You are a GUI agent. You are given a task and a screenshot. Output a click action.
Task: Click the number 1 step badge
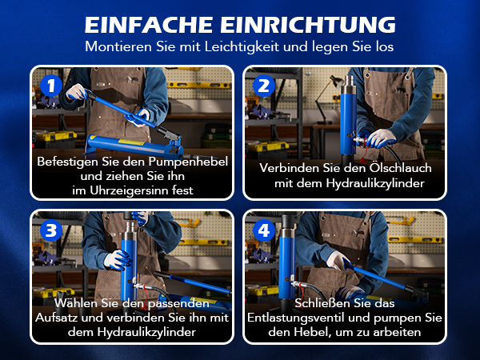point(51,86)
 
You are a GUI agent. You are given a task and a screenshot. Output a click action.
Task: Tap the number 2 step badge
point(264,86)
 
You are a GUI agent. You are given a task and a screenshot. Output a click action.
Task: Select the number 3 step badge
point(51,230)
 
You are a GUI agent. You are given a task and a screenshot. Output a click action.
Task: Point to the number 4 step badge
point(264,230)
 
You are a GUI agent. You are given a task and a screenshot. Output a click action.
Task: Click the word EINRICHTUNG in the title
point(308,25)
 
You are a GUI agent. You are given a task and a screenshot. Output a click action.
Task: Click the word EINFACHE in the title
point(149,25)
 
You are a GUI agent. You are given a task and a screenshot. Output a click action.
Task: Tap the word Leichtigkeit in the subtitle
point(242,47)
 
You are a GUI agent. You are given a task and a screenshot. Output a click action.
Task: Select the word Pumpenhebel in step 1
point(188,162)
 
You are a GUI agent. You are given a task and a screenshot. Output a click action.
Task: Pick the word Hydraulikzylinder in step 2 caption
point(375,183)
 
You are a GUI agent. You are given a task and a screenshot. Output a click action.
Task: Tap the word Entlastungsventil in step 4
point(295,318)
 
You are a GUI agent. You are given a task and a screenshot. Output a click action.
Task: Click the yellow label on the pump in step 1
point(132,142)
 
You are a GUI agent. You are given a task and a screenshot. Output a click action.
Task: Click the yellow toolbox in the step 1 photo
point(56,137)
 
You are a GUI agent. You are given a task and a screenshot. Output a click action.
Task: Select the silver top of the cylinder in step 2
point(349,85)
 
